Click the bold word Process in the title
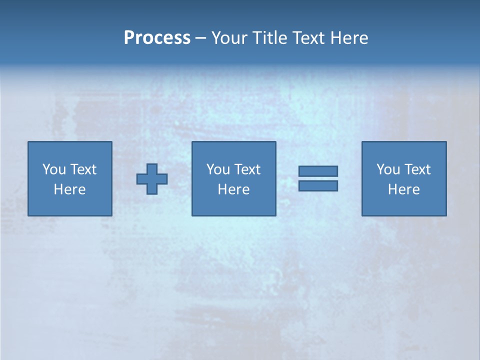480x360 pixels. point(157,38)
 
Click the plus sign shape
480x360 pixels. point(152,179)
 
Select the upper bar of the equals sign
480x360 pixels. point(318,171)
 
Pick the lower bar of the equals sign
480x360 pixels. point(318,186)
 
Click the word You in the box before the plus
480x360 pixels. point(54,169)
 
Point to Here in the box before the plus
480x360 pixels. point(69,189)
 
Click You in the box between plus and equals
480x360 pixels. point(218,169)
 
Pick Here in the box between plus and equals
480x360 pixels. point(233,189)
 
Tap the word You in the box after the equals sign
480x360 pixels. point(388,169)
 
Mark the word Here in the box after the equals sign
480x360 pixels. point(403,189)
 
